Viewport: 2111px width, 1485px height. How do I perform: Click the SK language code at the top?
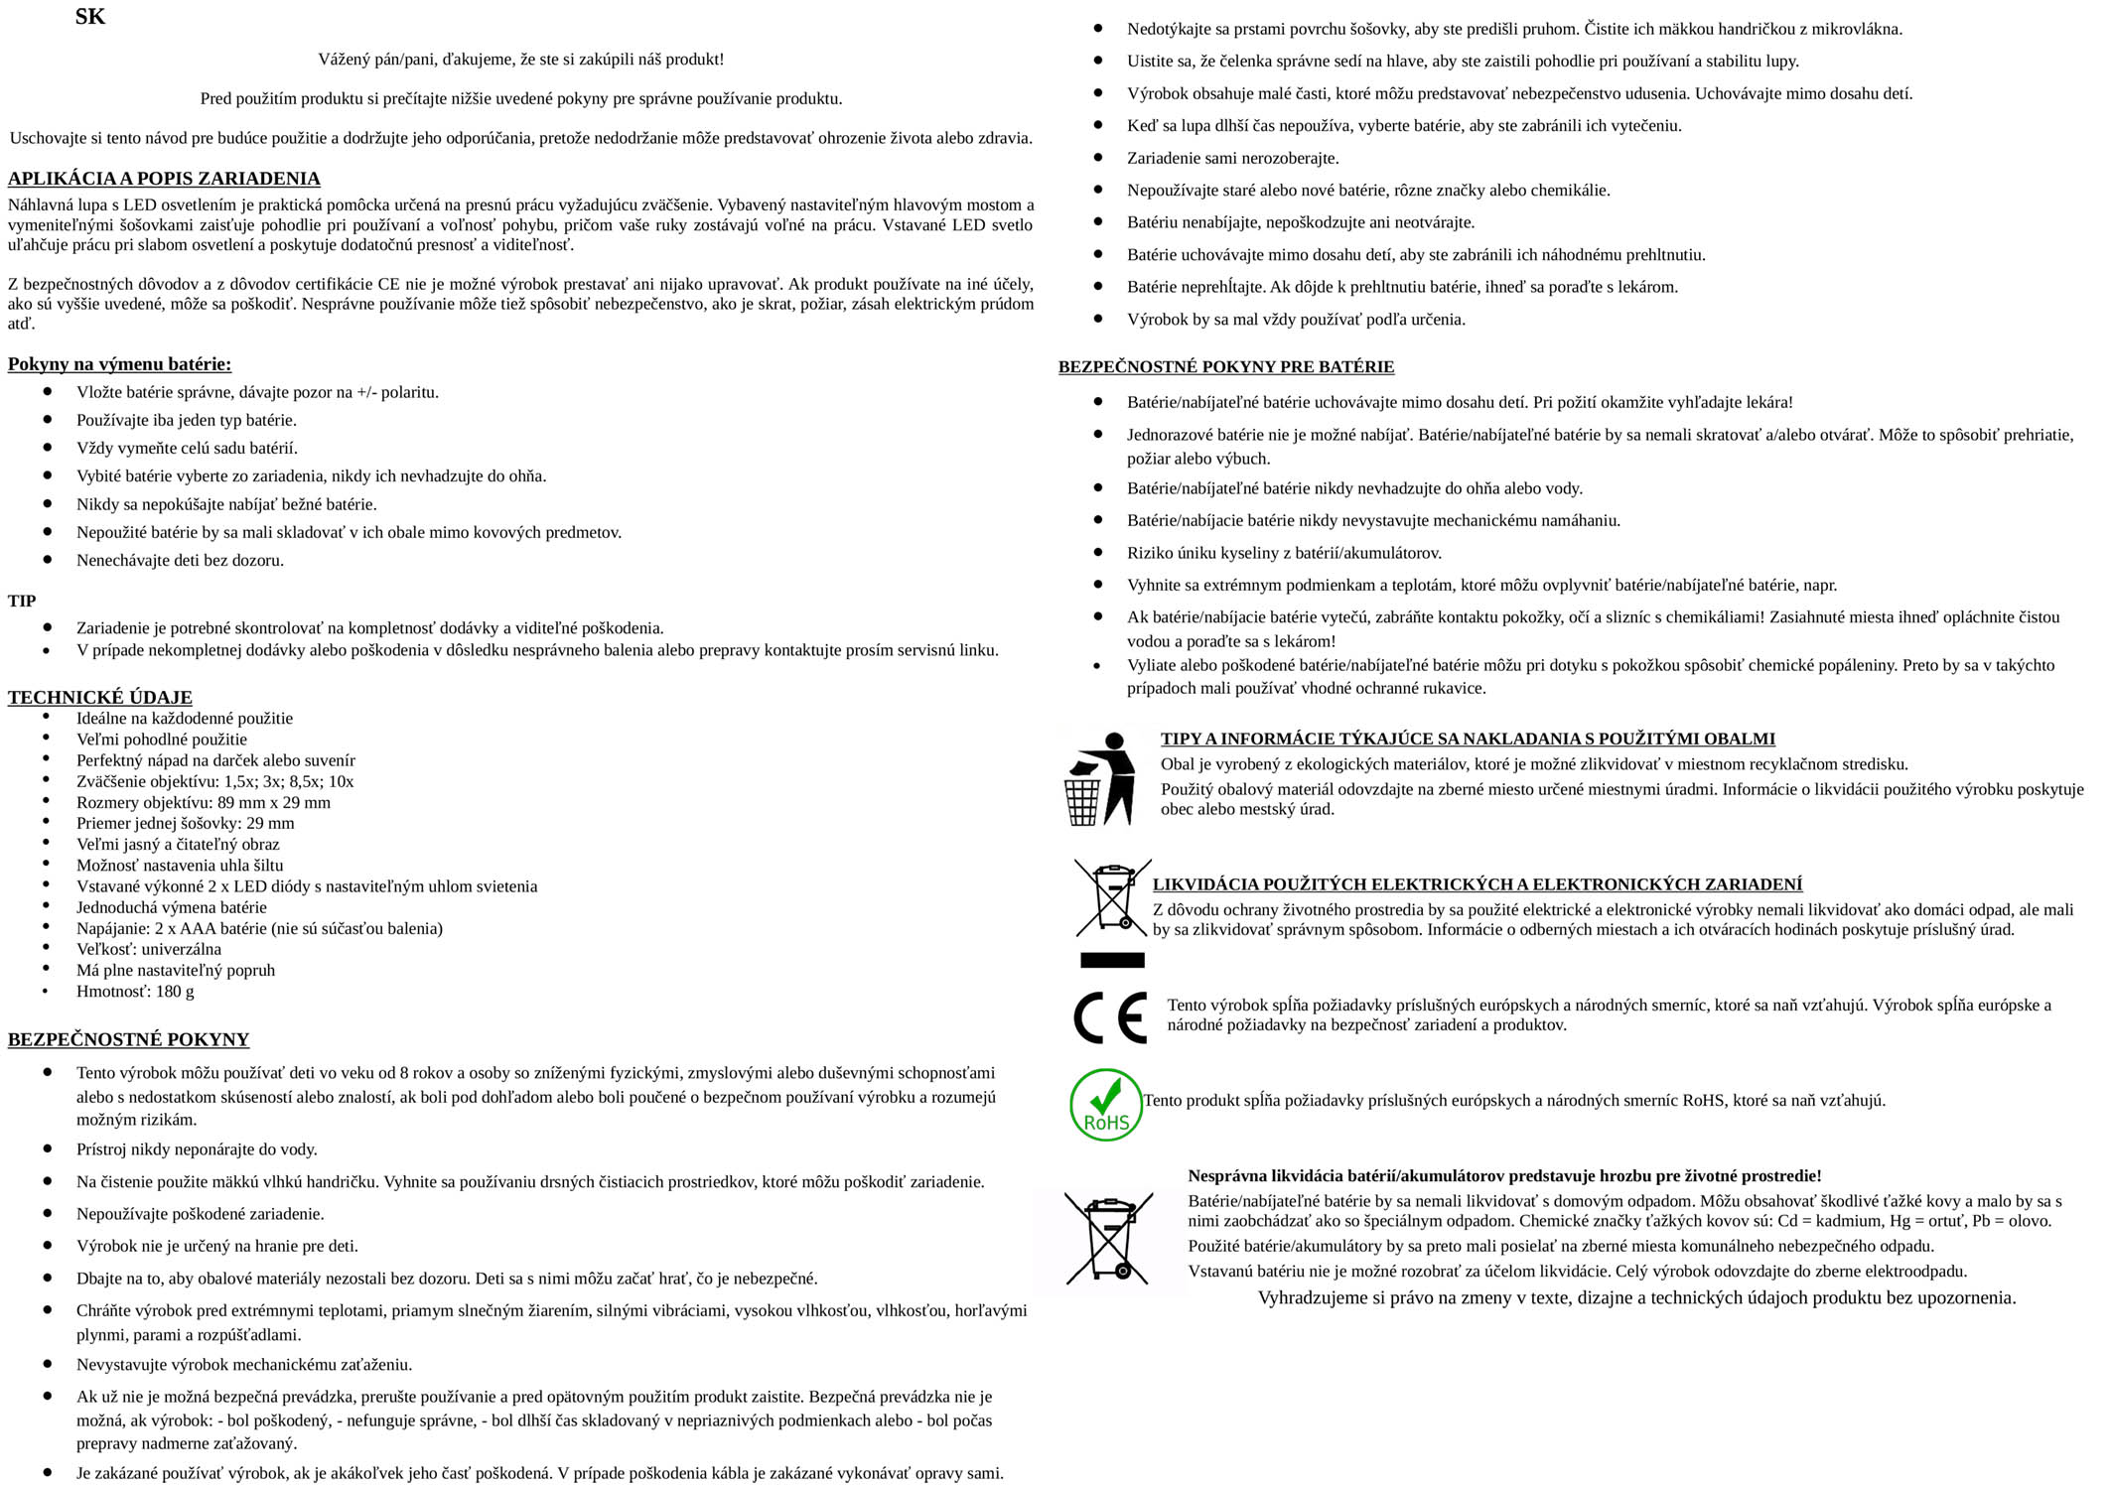click(x=89, y=17)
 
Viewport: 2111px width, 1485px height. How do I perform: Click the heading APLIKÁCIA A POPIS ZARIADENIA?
click(x=164, y=179)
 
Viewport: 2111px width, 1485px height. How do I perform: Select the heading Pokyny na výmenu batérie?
click(x=119, y=364)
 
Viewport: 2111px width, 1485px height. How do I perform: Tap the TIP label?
click(x=22, y=601)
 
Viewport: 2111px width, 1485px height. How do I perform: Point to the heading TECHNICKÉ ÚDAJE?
click(x=100, y=697)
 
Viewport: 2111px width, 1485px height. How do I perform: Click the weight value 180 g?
click(x=175, y=991)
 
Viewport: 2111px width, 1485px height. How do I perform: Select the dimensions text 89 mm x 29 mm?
click(x=274, y=802)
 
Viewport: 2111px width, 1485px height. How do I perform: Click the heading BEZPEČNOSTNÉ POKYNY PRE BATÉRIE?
click(x=1225, y=367)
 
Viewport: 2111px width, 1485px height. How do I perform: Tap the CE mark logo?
click(x=1110, y=1016)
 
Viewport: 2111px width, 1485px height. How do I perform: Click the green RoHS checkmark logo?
click(x=1106, y=1104)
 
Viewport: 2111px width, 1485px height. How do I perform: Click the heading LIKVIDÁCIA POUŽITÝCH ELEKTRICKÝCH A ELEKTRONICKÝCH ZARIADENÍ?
click(x=1477, y=884)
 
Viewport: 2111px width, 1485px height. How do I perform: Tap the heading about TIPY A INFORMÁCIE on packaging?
click(x=1468, y=739)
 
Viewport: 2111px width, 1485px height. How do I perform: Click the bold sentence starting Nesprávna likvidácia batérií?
click(x=1504, y=1176)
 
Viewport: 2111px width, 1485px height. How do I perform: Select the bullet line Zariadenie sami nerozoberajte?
click(x=1232, y=158)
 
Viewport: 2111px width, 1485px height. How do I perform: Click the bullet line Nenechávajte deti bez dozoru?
click(x=180, y=560)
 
